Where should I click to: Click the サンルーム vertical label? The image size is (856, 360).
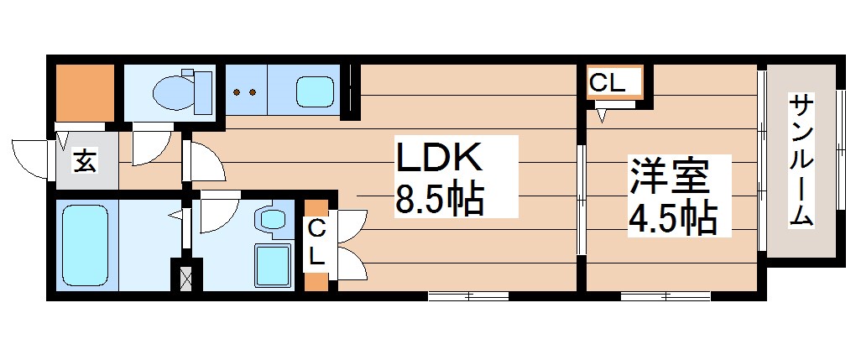click(801, 161)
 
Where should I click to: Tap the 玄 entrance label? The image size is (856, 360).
click(84, 159)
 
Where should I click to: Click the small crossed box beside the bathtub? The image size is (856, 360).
click(185, 275)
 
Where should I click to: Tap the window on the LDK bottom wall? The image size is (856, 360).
click(467, 295)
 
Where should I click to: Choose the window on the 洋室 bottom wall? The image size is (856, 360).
click(665, 295)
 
